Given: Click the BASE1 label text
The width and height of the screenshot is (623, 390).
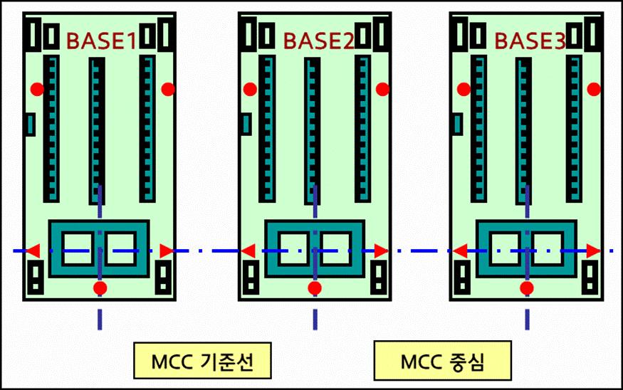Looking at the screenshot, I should pos(101,41).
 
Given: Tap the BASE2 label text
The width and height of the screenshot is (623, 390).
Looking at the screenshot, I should pos(318,41).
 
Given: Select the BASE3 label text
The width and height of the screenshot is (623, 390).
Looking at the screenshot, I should pos(530,41).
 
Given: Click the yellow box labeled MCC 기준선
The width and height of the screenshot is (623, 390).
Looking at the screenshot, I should pos(203,362).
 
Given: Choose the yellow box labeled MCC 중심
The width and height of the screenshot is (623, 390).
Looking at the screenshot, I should pos(442,362).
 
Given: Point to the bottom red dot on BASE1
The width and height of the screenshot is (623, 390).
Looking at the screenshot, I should pos(100,288).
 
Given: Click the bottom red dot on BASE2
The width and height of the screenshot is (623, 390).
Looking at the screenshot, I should pos(315,288).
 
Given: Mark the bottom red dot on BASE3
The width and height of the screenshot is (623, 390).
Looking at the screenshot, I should pos(527,288).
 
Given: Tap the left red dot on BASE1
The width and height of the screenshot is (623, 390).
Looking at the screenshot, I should pos(37,89).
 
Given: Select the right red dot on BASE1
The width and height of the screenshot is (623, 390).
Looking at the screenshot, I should pos(168,89).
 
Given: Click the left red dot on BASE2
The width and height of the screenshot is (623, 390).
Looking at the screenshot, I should pos(250,89).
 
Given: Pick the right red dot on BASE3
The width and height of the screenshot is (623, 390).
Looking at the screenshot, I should pos(594,89).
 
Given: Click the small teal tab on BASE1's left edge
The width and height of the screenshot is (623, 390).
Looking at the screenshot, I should pos(31,125).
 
